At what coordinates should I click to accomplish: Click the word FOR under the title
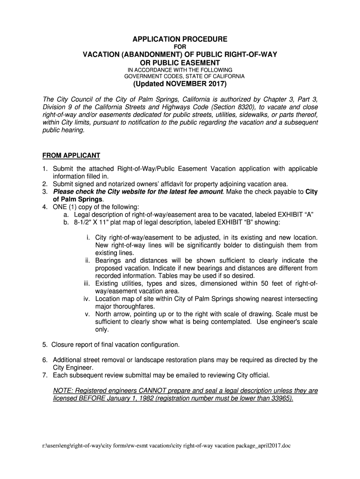pos(180,47)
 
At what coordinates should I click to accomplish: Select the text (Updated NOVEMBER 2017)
pos(180,84)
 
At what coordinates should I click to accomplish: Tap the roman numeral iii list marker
pos(87,283)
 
